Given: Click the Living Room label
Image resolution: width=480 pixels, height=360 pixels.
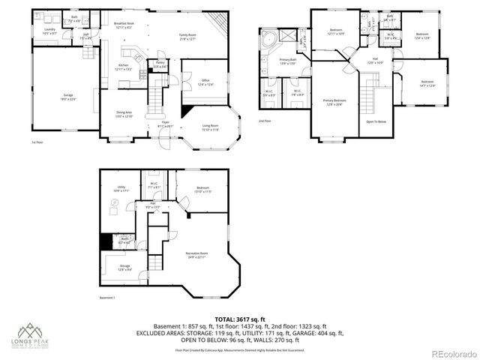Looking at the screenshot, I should tap(210, 127).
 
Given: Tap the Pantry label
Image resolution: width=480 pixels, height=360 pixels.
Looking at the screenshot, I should tap(160, 66).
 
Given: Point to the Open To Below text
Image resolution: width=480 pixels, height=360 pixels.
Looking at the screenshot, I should tap(376, 121).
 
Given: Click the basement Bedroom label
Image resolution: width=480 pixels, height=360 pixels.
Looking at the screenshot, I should tap(202, 190).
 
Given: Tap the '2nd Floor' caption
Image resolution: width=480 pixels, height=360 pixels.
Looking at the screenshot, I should tap(265, 121).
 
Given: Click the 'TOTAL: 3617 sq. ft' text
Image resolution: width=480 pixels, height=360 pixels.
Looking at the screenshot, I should tap(240, 319).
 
